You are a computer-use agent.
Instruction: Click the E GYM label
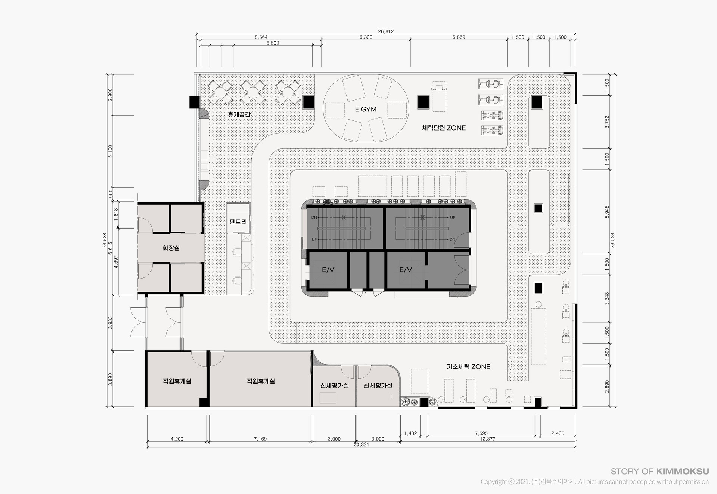366,109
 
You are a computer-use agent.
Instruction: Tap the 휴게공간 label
239,114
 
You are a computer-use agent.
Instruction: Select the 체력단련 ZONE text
444,128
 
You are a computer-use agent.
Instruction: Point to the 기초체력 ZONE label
469,367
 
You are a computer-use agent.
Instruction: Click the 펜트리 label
238,222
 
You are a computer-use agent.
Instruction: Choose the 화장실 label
171,248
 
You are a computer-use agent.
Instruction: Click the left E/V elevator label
328,270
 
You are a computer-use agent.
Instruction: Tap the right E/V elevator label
406,270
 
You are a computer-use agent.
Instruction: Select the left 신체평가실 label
335,386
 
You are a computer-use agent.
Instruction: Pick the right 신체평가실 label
378,386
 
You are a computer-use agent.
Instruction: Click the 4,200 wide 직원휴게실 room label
177,381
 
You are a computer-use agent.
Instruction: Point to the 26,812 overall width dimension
386,32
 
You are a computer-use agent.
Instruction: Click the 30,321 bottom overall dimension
361,445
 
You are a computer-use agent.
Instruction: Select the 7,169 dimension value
260,439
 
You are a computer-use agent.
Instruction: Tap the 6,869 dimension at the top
459,37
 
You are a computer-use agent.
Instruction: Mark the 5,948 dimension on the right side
607,212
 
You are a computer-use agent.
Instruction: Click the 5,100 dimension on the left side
110,151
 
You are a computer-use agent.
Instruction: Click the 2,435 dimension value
558,433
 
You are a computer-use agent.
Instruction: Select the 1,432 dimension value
410,433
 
